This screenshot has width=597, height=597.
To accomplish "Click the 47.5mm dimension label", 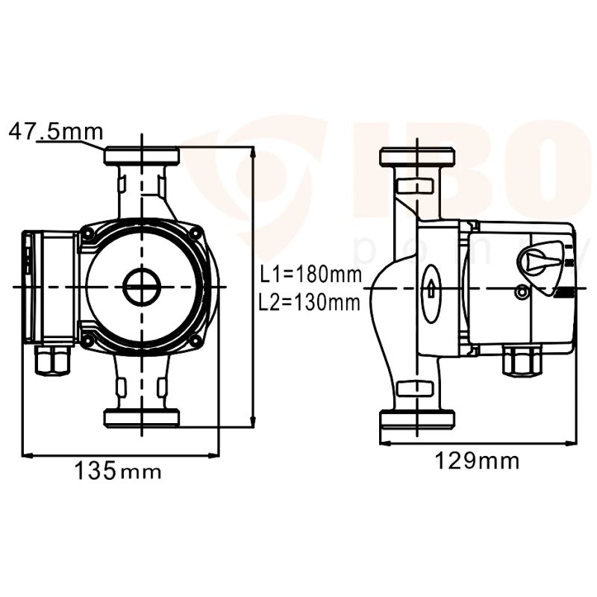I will coord(56,132).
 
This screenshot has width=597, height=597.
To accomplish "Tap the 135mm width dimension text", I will coord(117,471).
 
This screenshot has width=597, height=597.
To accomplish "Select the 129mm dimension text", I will coord(477,461).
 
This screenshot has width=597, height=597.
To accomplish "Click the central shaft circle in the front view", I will coord(141,287).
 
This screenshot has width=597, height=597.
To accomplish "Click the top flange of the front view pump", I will coord(141,157).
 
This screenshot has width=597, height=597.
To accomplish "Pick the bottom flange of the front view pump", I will coord(141,418).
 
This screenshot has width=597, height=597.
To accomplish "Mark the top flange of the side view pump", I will coord(417,157).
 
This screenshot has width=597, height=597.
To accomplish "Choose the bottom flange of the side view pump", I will coord(417,418).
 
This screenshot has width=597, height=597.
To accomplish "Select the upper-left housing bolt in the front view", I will coord(89,234).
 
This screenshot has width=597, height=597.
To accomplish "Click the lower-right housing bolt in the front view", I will coord(196,341).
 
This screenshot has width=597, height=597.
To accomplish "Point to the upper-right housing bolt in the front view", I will coord(196,234).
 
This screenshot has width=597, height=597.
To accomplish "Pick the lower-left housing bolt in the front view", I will coord(89,341).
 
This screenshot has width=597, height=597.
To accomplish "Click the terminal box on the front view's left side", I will coord(49,287).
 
